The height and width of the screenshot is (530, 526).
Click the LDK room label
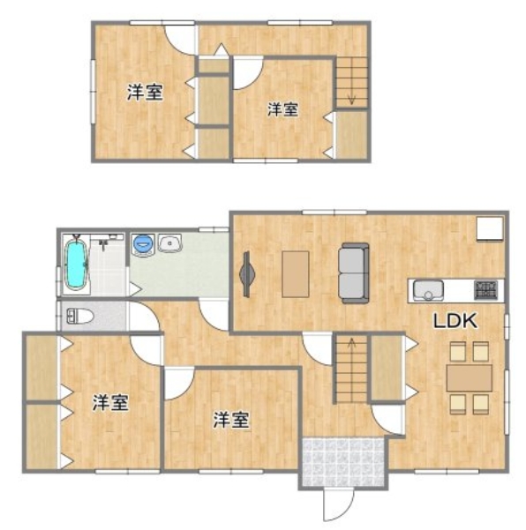coord(455,321)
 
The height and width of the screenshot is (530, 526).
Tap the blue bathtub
coord(77,264)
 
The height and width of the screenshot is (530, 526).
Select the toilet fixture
coord(79,317)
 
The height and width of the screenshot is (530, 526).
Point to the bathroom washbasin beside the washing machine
coord(170,243)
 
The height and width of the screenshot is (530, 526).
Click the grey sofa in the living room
coord(354,272)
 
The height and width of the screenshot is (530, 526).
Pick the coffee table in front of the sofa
coord(296,274)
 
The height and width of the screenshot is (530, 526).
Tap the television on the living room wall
coord(247,274)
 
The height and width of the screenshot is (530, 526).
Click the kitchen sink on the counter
coord(428,291)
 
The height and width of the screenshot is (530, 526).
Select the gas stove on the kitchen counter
coord(485,290)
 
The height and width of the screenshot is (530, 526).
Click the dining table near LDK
coord(470,378)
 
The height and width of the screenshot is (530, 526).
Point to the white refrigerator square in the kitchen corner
coord(490,229)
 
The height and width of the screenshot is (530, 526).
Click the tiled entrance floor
coord(343,462)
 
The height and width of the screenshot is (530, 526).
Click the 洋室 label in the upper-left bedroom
coord(145,92)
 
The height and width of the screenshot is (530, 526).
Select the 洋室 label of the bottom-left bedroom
coord(110,402)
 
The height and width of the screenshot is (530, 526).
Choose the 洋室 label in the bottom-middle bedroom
coord(231,420)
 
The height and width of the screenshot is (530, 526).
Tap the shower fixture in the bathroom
coord(104,242)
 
